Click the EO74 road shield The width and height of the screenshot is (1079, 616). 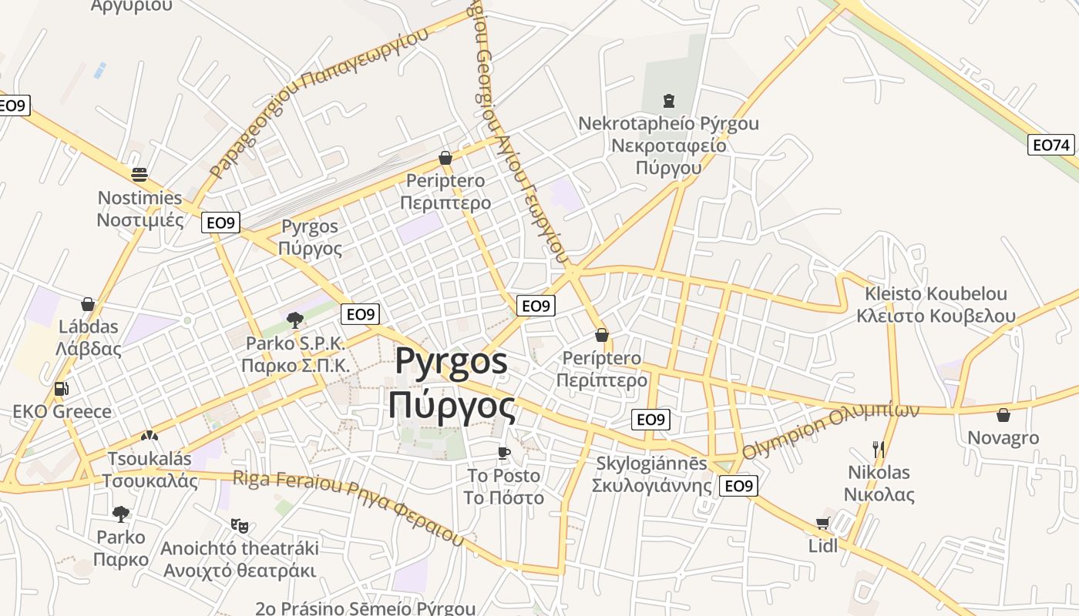click(1051, 145)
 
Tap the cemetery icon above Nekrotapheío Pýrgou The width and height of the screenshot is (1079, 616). click(668, 101)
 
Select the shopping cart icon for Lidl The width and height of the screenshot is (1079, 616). click(822, 524)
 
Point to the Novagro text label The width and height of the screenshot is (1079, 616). click(1003, 438)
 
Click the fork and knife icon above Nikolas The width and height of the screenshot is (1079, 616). click(878, 449)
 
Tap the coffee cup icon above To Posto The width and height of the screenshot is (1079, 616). click(503, 453)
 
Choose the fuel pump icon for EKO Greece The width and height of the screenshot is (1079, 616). click(62, 389)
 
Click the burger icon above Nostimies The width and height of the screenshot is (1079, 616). click(139, 174)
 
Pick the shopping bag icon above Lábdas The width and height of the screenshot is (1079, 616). click(88, 304)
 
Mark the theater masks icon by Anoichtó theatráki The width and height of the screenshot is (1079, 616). click(240, 526)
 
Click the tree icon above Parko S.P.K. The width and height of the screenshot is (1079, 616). click(294, 320)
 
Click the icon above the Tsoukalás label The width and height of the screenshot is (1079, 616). click(149, 437)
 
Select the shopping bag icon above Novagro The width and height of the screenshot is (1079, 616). click(1003, 415)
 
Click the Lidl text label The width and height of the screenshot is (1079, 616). click(822, 546)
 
